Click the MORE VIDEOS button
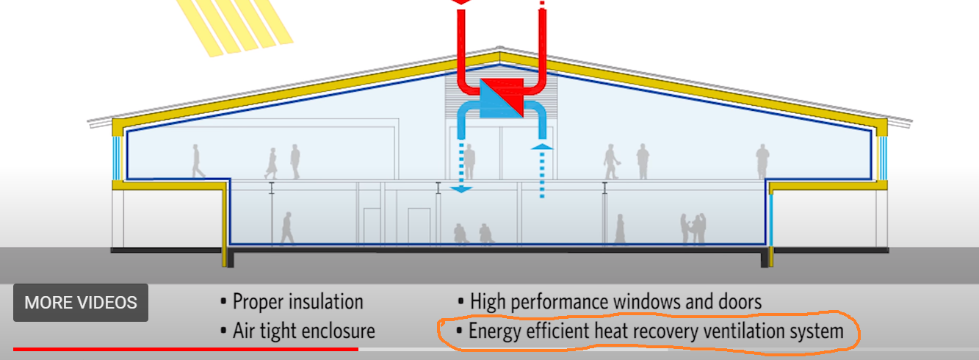click(x=81, y=303)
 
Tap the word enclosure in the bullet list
click(x=339, y=331)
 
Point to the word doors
click(x=739, y=301)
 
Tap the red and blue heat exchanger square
click(x=501, y=98)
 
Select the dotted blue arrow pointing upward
click(x=542, y=169)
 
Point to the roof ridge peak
click(x=499, y=53)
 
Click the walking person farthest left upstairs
click(x=198, y=161)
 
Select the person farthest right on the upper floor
click(x=763, y=161)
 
